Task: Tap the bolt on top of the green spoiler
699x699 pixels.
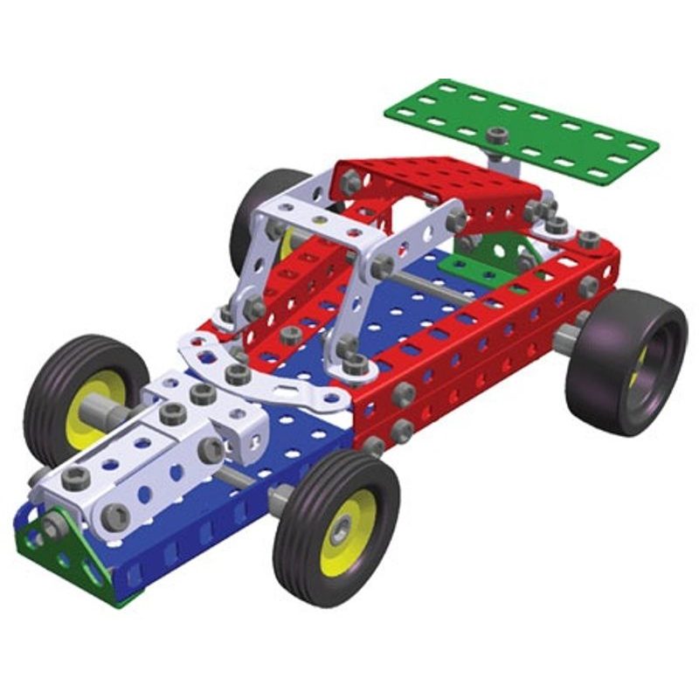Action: coord(498,135)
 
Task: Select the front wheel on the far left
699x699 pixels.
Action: coord(83,393)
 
